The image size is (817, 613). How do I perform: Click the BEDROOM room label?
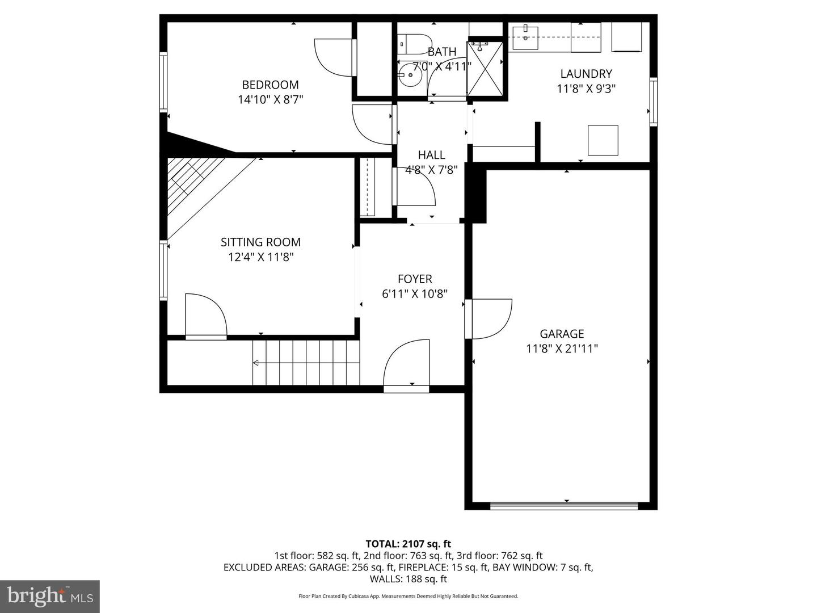[270, 85]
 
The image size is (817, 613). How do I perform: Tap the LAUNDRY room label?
[586, 74]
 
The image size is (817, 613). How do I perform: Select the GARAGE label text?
[562, 334]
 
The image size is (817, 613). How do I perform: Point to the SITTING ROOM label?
[260, 242]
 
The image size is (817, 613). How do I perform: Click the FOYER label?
[415, 279]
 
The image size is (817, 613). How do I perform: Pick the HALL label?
[431, 155]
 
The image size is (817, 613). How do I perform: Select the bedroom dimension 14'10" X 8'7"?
[270, 100]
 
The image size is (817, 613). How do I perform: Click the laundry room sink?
[526, 37]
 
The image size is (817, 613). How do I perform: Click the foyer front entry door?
[407, 364]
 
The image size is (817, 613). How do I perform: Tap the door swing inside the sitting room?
[205, 317]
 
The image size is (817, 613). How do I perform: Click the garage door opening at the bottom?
[564, 505]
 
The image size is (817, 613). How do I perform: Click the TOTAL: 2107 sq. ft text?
[408, 544]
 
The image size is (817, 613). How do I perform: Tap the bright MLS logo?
[49, 596]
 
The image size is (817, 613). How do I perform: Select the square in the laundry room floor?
[603, 140]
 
